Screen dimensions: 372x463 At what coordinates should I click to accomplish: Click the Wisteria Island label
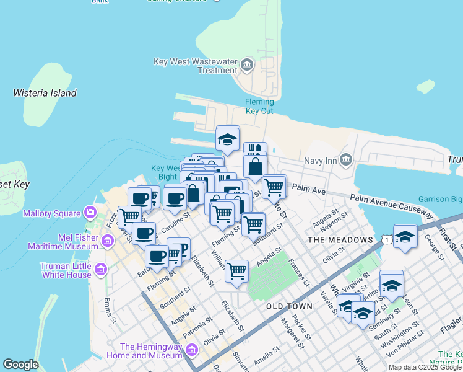(45, 93)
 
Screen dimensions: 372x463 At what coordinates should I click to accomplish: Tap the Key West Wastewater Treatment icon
(247, 64)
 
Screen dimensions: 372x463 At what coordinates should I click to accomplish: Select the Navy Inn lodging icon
(346, 161)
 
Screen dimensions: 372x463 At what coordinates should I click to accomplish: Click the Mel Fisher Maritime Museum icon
(108, 241)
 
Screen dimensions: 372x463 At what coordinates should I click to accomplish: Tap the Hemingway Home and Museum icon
(191, 351)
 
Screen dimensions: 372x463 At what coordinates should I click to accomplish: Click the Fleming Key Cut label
(259, 106)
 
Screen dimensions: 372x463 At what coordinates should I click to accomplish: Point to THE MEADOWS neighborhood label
(340, 240)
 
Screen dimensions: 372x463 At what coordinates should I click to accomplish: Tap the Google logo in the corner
(20, 365)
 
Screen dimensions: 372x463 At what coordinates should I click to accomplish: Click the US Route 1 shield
(386, 239)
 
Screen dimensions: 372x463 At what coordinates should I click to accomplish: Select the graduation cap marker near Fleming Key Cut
(228, 139)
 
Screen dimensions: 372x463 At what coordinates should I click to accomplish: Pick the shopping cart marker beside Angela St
(236, 271)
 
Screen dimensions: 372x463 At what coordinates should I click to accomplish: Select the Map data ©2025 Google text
(425, 367)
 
